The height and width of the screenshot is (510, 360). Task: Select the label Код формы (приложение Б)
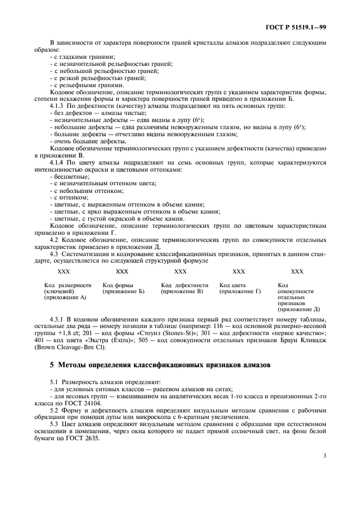pyautogui.click(x=124, y=288)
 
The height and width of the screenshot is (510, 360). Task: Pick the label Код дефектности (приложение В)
pyautogui.click(x=185, y=288)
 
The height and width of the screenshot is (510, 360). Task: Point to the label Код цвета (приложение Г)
pyautogui.click(x=240, y=288)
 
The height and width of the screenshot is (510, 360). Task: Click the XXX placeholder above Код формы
pyautogui.click(x=122, y=271)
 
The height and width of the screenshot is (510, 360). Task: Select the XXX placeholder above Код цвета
pyautogui.click(x=239, y=271)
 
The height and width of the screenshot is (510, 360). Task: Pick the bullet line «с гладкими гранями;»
pyautogui.click(x=82, y=57)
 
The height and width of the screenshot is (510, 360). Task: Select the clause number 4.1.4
pyautogui.click(x=59, y=162)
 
